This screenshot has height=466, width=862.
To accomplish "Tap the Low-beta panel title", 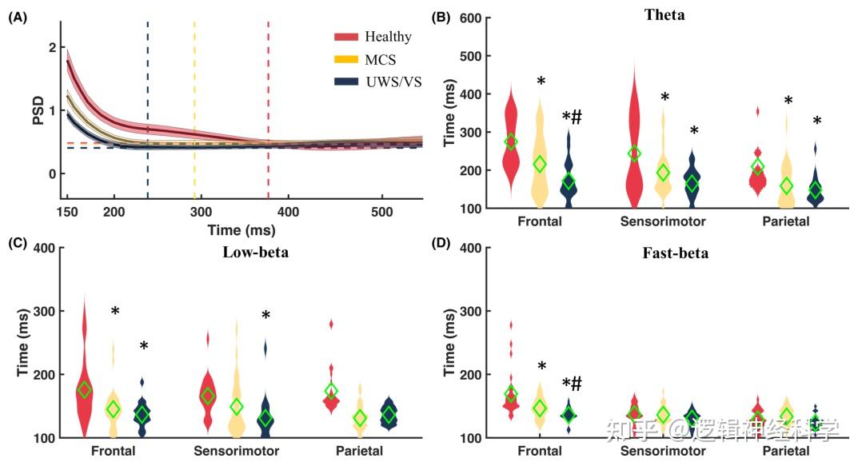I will click(255, 253).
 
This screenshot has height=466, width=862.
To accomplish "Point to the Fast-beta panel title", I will click(675, 253).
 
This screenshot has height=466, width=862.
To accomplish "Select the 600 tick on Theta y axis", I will click(469, 18).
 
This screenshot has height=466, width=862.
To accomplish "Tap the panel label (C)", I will click(18, 244).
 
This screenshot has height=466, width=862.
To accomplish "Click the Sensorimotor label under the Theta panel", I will click(662, 221).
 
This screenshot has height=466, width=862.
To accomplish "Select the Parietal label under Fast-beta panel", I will click(785, 451).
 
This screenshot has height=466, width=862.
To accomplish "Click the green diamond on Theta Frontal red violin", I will click(511, 141).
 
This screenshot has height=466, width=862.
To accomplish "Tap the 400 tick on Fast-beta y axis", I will click(469, 248).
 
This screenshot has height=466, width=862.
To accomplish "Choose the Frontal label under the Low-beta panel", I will click(113, 451).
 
